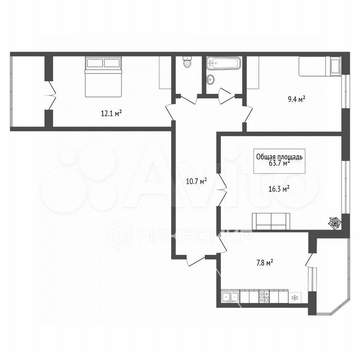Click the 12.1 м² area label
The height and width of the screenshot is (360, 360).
(111, 113)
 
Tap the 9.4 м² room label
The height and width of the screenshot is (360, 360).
(296, 99)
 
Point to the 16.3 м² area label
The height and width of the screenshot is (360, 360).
(279, 189)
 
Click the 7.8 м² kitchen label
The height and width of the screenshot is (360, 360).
(264, 262)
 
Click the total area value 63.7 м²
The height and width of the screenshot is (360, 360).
(279, 163)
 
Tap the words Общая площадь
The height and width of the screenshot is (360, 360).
(279, 157)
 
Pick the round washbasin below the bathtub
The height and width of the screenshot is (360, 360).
(210, 79)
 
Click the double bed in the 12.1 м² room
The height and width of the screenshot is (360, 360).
(103, 76)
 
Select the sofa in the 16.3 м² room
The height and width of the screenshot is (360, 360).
(271, 221)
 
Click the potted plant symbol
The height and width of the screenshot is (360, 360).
(335, 222)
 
